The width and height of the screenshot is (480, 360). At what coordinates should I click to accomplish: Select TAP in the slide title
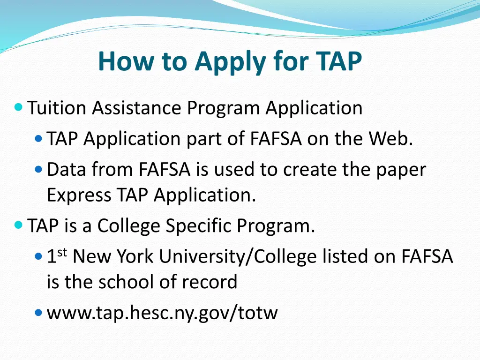click(x=338, y=61)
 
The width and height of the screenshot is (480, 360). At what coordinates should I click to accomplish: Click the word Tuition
click(x=57, y=108)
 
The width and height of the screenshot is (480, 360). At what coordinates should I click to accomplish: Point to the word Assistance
click(x=136, y=108)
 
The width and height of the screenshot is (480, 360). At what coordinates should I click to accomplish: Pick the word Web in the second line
click(x=390, y=139)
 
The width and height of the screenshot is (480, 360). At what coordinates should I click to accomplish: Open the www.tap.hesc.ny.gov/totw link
click(x=162, y=313)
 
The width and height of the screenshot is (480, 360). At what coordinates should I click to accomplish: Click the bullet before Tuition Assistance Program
click(x=18, y=107)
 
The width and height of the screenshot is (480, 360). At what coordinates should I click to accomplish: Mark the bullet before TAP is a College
click(x=18, y=225)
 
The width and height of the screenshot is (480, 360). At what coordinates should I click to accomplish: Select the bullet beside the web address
click(x=38, y=312)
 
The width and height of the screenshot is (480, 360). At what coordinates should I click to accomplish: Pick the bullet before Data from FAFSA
click(x=38, y=169)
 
